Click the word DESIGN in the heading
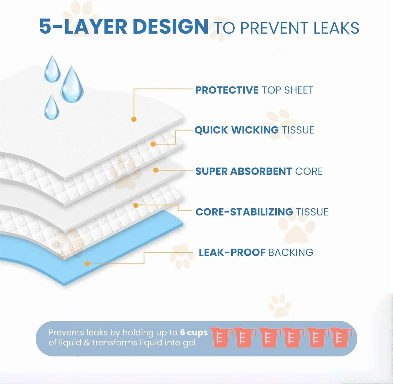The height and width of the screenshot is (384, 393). (x=171, y=26)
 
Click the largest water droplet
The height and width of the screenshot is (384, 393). (x=72, y=84)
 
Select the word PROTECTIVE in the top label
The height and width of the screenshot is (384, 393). (x=227, y=90)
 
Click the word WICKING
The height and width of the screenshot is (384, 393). (x=255, y=130)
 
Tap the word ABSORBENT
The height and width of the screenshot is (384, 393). (x=261, y=171)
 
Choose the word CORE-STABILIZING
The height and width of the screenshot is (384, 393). (x=244, y=212)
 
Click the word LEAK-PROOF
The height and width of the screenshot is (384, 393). (x=232, y=253)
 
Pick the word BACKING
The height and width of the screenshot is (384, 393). (x=291, y=253)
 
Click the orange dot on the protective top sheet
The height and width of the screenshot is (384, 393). (x=134, y=119)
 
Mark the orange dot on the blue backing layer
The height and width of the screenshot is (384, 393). (x=87, y=264)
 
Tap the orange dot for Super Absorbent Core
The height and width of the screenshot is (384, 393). (x=156, y=170)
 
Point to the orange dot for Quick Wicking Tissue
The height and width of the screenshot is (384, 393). (x=153, y=144)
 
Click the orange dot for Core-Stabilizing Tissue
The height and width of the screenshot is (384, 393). (x=136, y=205)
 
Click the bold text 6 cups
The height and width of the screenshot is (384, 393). (x=194, y=333)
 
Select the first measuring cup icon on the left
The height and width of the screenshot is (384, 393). (x=221, y=337)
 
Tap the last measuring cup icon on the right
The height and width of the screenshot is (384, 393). (x=341, y=337)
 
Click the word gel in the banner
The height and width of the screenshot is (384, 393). (x=189, y=343)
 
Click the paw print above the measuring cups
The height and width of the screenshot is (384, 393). (x=279, y=305)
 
